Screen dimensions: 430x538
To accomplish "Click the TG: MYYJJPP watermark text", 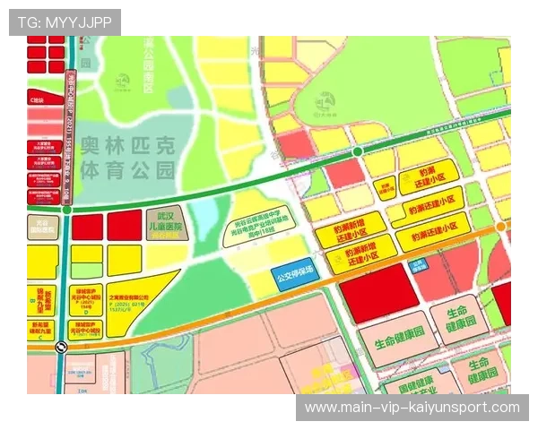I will pos(64,21).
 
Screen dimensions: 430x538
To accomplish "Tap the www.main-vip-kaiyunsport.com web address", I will pos(412,408).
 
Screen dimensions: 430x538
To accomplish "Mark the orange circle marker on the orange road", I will pos(500,228).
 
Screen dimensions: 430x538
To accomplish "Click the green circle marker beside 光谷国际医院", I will pos(68,209).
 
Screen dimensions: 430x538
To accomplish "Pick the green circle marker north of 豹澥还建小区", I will pos(357,152).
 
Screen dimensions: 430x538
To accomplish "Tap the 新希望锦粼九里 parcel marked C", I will pos(39,296).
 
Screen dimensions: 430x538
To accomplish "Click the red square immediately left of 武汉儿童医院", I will pos(125,227).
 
